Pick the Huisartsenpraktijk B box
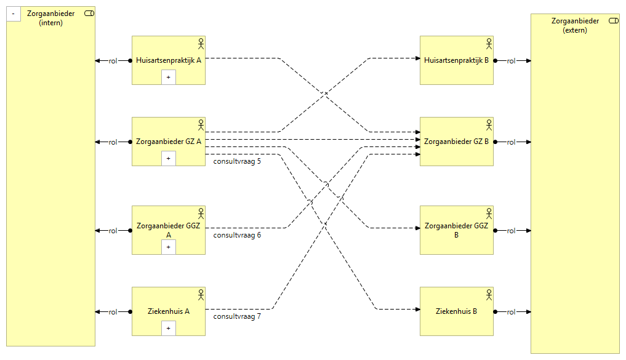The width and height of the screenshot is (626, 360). (456, 60)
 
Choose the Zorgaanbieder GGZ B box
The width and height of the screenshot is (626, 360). (456, 230)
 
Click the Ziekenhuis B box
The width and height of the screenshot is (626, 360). (456, 311)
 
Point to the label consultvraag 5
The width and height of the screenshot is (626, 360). (237, 162)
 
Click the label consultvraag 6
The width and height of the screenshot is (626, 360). (237, 235)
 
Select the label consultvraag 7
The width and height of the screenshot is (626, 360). (237, 316)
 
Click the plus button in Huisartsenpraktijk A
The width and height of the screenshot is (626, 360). (169, 77)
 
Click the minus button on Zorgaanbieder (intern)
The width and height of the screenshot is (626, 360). (14, 14)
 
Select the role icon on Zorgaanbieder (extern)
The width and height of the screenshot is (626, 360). (613, 21)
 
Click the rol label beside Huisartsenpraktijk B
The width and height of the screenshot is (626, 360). (511, 61)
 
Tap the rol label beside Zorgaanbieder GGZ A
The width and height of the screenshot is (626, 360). (113, 231)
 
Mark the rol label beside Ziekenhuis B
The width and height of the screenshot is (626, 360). (511, 312)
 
